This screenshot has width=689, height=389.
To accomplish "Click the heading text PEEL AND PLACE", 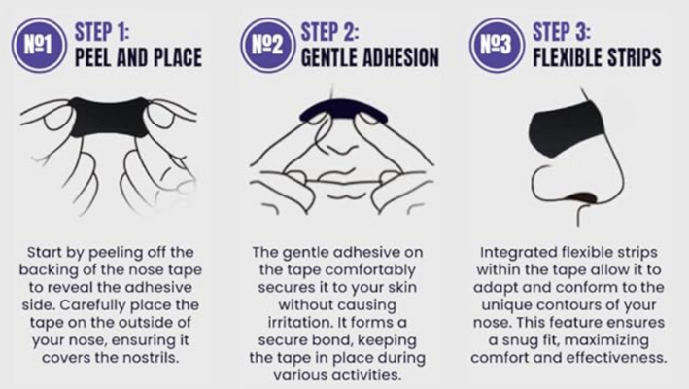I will [139, 57].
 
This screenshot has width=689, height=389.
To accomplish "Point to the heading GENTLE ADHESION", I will [370, 57].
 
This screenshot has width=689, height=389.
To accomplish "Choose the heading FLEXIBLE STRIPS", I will [597, 57].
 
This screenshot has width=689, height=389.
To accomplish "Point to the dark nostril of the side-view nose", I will [582, 196].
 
